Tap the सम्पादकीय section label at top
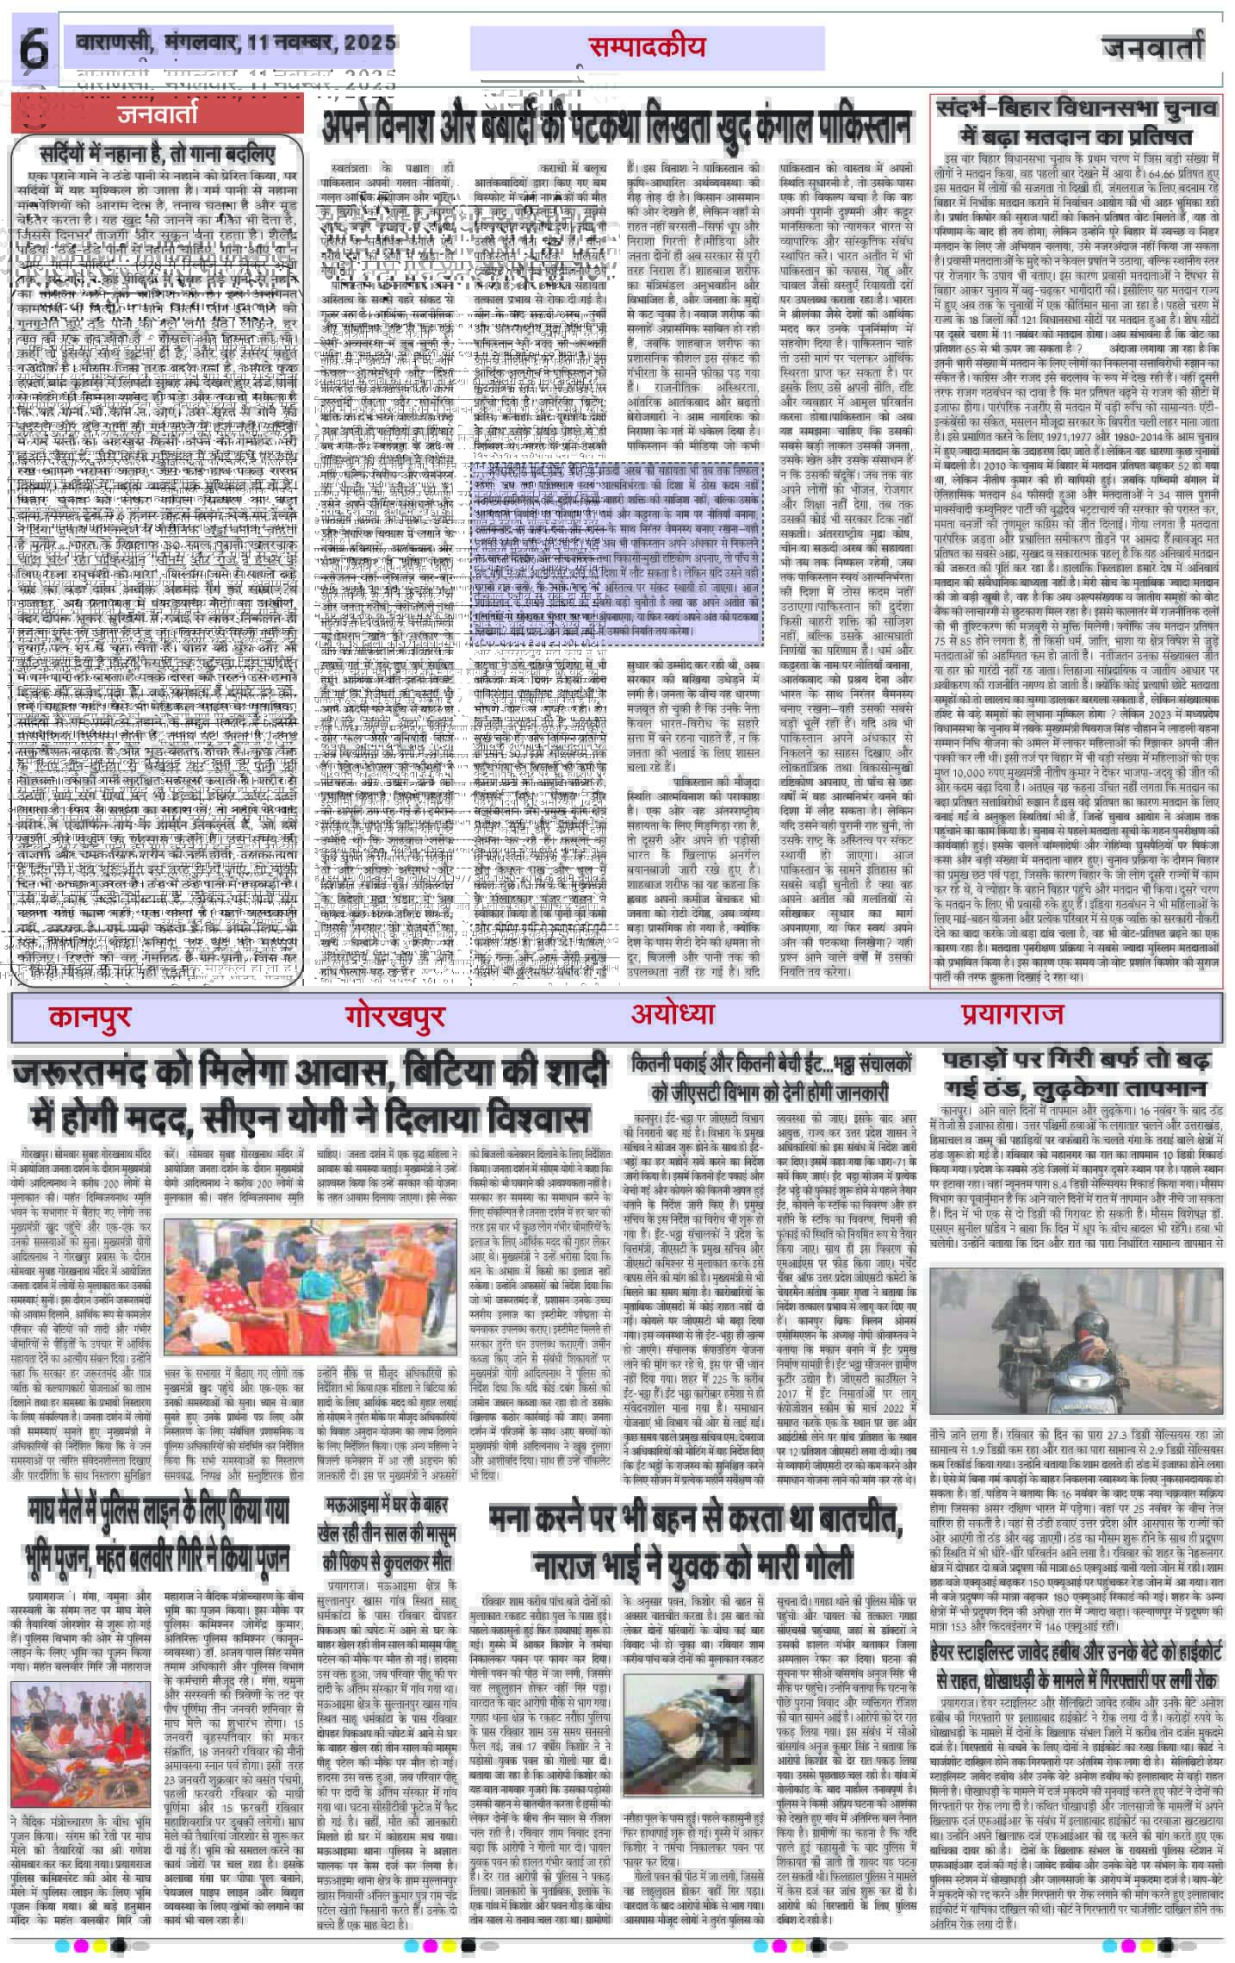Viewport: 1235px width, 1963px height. [x=647, y=47]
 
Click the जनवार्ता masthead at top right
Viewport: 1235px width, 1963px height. [x=1163, y=50]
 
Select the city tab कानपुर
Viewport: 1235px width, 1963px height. [x=90, y=1018]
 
